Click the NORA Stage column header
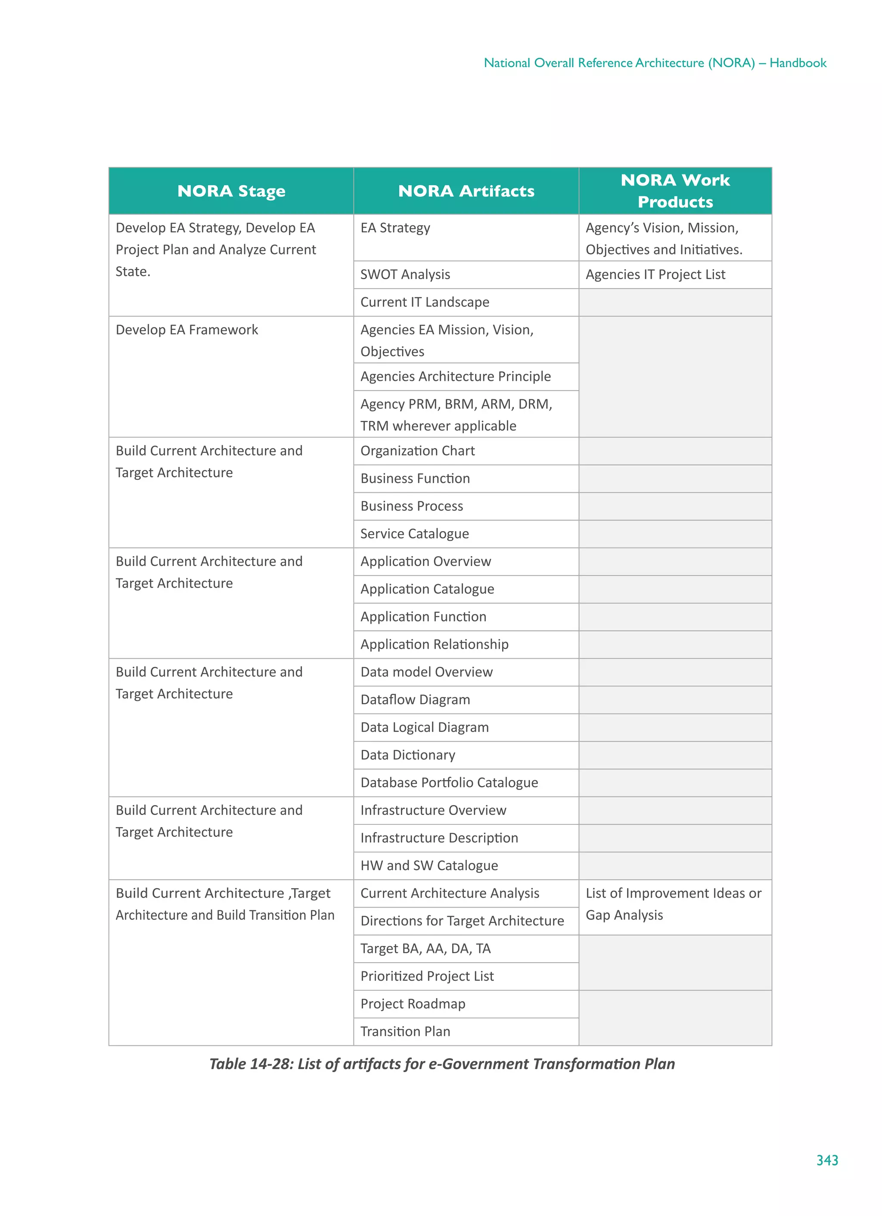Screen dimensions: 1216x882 tap(231, 191)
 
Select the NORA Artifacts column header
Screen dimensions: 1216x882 tap(466, 191)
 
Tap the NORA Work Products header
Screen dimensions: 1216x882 tap(675, 191)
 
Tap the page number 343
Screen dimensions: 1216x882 tap(827, 1160)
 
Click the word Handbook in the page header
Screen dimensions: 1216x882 tap(798, 63)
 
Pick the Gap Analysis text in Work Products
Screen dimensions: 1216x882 tap(624, 915)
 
